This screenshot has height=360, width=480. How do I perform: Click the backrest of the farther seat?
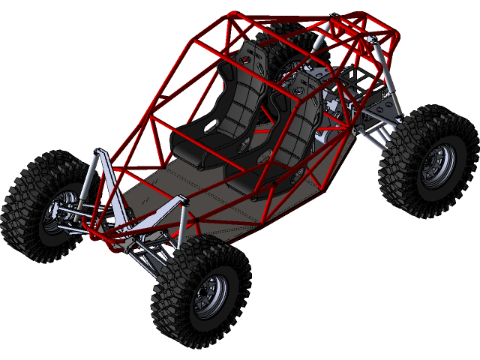coord(232,97)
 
